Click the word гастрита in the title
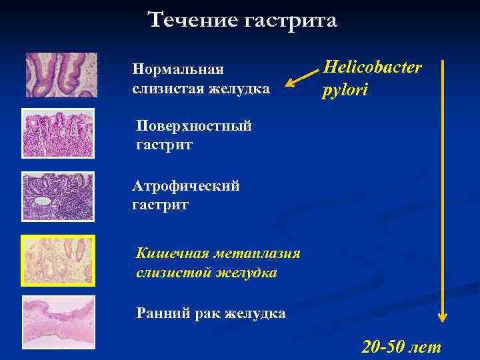291,21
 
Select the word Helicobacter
373,68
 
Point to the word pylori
345,90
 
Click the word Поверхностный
193,126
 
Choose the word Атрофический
185,186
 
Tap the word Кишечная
171,253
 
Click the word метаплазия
257,253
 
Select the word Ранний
157,313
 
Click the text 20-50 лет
401,347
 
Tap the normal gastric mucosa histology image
61,75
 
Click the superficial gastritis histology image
58,133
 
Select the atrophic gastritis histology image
58,196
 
